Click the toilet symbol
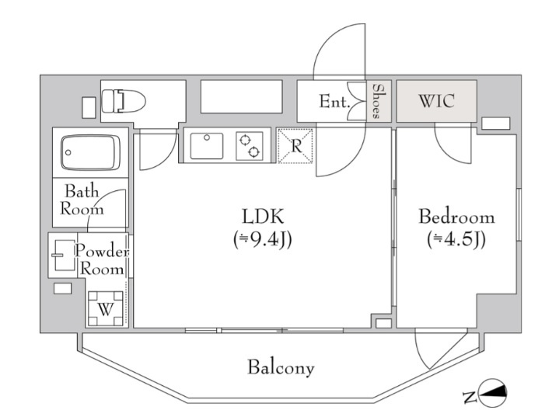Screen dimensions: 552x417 [123, 101]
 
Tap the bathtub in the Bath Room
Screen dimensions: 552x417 [90, 153]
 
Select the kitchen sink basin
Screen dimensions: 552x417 [207, 146]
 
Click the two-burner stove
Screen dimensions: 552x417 [250, 146]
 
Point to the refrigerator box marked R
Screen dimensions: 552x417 [295, 146]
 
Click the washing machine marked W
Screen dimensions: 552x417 [106, 308]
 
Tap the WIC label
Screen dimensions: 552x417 [436, 101]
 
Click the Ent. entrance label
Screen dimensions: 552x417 [334, 102]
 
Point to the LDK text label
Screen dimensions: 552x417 [263, 217]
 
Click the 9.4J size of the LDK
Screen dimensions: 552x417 [263, 240]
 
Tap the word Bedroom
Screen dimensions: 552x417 [456, 217]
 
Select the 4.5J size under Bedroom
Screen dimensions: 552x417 [456, 240]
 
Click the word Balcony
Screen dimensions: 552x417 [281, 368]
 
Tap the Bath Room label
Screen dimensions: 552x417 [82, 200]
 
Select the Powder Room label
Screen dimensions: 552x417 [102, 260]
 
